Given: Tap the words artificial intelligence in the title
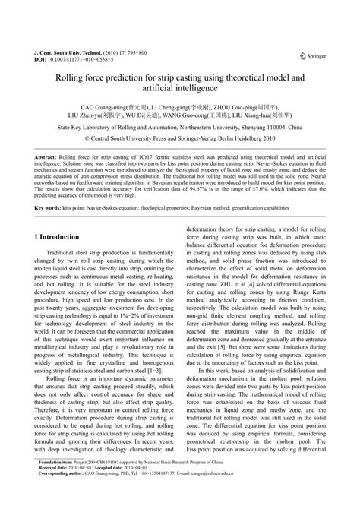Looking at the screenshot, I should (x=180, y=90).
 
